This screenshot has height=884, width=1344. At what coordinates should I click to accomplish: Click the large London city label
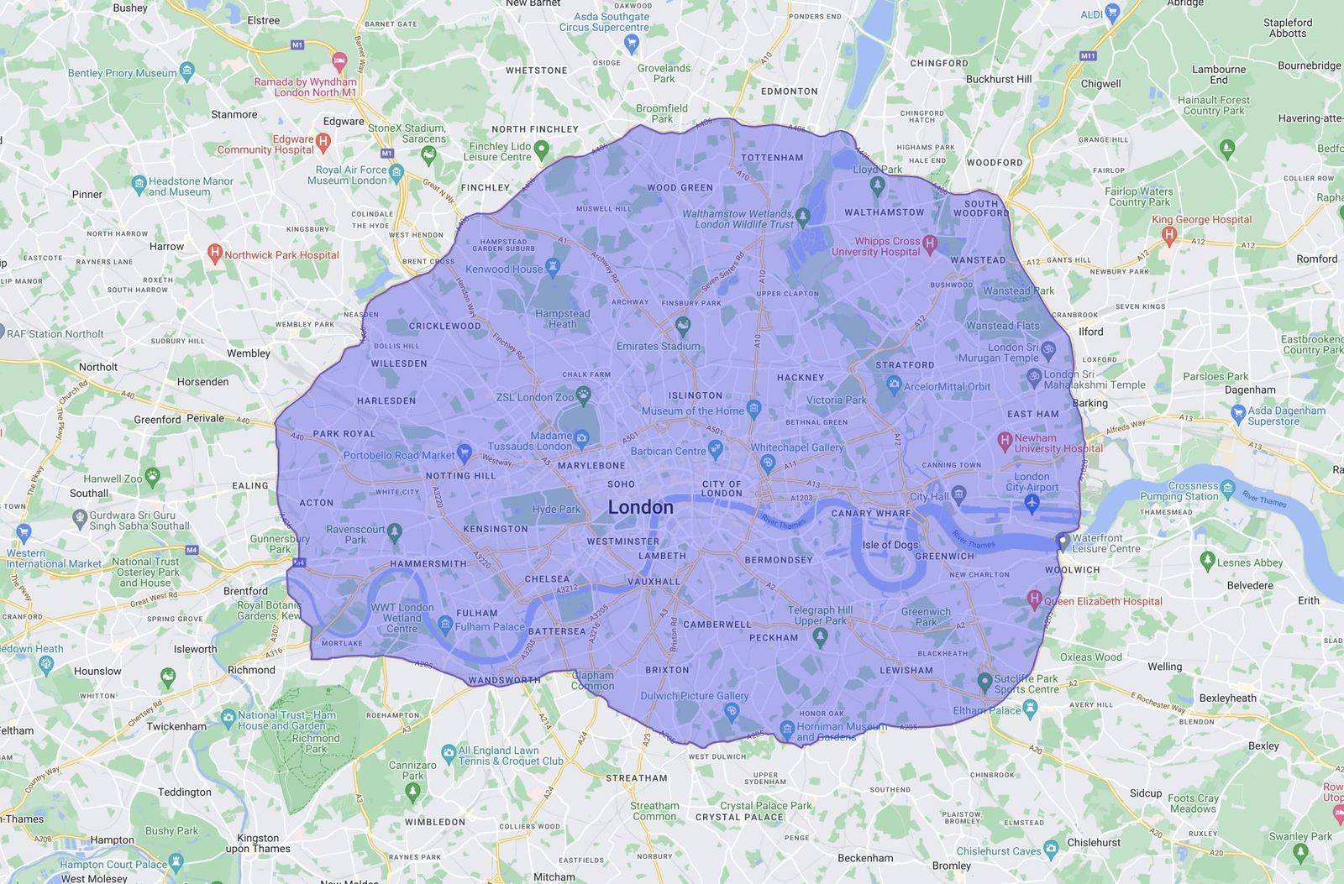point(640,507)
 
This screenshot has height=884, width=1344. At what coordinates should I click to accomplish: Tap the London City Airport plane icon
point(1032,502)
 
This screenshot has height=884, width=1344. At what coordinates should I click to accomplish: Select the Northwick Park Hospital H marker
point(215,254)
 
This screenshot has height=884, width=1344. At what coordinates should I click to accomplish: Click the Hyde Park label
point(556,509)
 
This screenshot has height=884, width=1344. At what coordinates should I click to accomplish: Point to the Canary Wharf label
point(870,513)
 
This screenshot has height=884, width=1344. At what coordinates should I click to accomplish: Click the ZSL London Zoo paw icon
point(584,394)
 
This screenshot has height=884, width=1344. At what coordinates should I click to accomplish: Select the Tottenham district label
point(772,157)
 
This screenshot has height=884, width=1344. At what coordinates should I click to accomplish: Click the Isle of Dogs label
point(890,544)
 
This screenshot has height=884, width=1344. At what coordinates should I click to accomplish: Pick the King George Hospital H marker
point(1168,236)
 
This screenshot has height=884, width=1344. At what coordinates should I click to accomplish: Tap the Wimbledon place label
point(434,822)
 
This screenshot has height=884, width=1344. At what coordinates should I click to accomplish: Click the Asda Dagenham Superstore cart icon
point(1237,413)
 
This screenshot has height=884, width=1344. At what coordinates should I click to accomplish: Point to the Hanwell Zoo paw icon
point(152,477)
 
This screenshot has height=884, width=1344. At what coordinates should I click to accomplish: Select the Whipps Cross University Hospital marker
point(930,244)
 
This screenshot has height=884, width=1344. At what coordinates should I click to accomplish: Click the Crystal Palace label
point(739,817)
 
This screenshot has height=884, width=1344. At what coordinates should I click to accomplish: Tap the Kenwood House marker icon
point(552,267)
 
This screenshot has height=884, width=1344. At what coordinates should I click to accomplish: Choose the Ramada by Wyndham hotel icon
point(339,61)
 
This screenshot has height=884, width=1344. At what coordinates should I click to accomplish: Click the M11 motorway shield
point(1088,56)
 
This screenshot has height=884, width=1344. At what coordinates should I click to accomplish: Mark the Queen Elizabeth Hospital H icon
point(1035,599)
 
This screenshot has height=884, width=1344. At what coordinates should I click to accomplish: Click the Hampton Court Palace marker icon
point(176,861)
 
